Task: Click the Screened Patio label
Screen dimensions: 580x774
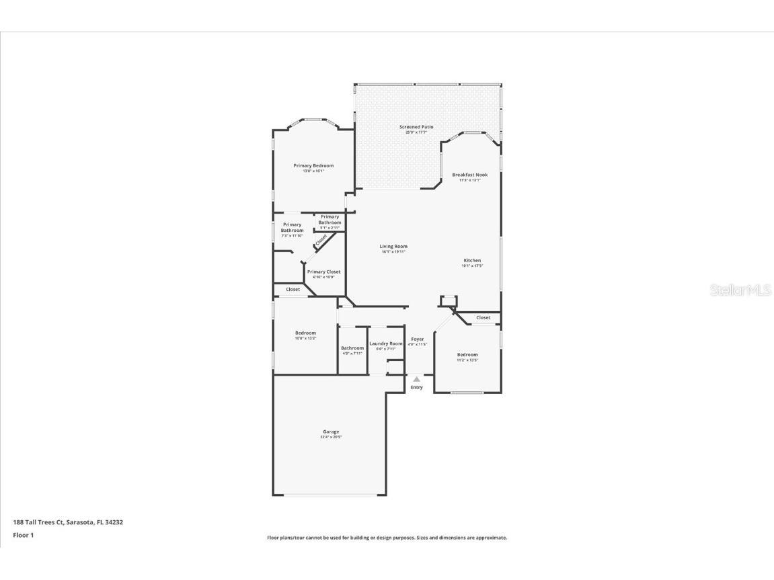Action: click(x=416, y=127)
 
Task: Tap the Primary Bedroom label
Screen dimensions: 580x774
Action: click(x=313, y=165)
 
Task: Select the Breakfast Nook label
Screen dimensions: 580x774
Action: click(x=469, y=175)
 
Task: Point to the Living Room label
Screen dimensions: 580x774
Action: click(x=394, y=247)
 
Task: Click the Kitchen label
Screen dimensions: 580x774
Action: click(x=472, y=261)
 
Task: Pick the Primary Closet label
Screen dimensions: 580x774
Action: click(x=324, y=272)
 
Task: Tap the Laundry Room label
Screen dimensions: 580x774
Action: click(x=386, y=343)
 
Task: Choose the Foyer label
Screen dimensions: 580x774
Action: click(x=418, y=339)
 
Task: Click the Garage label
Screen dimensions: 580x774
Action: click(x=331, y=431)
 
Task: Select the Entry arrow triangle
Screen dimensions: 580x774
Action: click(x=416, y=380)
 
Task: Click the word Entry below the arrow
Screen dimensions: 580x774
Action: click(x=417, y=388)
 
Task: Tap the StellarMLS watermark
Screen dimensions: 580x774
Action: click(x=740, y=290)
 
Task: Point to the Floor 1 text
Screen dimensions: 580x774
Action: click(x=23, y=536)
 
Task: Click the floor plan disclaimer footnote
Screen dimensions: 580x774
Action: click(x=387, y=538)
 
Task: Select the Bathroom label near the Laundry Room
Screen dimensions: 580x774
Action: click(x=352, y=348)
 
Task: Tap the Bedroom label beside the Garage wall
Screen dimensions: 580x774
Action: click(x=305, y=333)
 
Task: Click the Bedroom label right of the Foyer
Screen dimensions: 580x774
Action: click(x=467, y=355)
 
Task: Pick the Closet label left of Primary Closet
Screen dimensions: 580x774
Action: click(x=293, y=289)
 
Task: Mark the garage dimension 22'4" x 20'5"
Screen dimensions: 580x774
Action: click(x=331, y=438)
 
